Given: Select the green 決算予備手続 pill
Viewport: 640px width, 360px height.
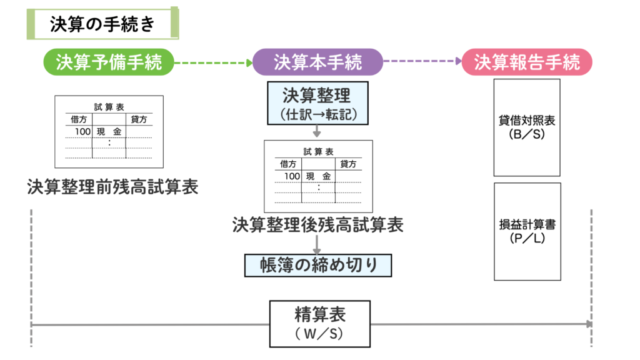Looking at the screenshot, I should tap(108, 62).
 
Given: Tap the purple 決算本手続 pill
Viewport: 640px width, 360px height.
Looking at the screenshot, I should tap(317, 62).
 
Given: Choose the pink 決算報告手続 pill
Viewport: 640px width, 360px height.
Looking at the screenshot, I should tap(527, 62).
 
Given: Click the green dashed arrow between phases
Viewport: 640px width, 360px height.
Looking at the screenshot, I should tap(212, 62).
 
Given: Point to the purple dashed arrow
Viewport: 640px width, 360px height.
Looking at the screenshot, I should tap(422, 62).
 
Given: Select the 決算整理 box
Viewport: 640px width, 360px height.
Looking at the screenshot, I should tap(317, 103).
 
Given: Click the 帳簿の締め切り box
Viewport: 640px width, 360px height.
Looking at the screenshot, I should tap(317, 265).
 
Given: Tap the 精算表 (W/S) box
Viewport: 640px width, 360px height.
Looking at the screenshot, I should tap(319, 324).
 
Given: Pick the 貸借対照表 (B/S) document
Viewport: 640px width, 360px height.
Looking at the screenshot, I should tap(527, 127).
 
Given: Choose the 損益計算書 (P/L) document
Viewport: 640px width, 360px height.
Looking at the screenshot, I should tap(527, 231).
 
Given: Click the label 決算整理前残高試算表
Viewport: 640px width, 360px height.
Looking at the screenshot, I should tap(112, 187).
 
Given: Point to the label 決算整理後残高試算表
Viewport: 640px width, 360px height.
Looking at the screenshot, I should tap(317, 224).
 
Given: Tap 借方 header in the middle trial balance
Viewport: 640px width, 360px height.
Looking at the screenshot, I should tap(288, 164).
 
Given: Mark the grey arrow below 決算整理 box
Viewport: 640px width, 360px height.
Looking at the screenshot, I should tap(317, 131).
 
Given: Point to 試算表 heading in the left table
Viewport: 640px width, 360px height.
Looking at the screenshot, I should tap(109, 106).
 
